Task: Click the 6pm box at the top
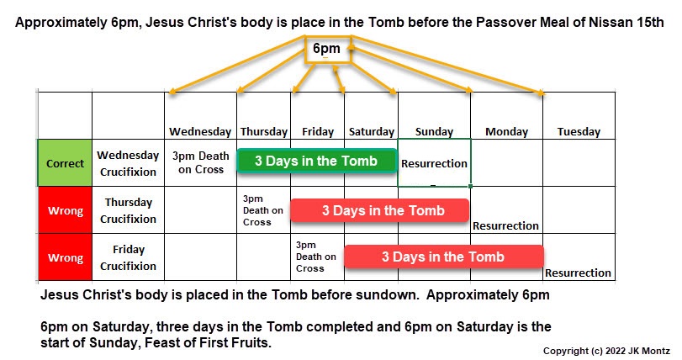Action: (x=327, y=49)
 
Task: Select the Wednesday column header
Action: (x=200, y=132)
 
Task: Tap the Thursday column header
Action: (x=264, y=132)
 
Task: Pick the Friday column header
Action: (x=318, y=132)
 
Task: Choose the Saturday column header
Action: (x=372, y=132)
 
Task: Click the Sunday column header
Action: (x=434, y=132)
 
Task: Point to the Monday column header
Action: (x=507, y=132)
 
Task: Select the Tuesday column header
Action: (x=579, y=132)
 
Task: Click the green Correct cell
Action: (x=65, y=163)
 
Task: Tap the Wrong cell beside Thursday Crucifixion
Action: (x=66, y=210)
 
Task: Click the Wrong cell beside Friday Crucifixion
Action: (x=66, y=257)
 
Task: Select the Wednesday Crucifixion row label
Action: (x=128, y=163)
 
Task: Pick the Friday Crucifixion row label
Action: (x=128, y=257)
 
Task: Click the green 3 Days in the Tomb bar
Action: (x=317, y=161)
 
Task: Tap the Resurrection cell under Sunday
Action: (x=434, y=163)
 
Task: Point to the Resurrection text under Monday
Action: (x=506, y=225)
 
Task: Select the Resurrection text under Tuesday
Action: (x=578, y=273)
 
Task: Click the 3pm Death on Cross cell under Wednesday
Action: (x=200, y=162)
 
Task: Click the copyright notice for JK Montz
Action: (x=607, y=351)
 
